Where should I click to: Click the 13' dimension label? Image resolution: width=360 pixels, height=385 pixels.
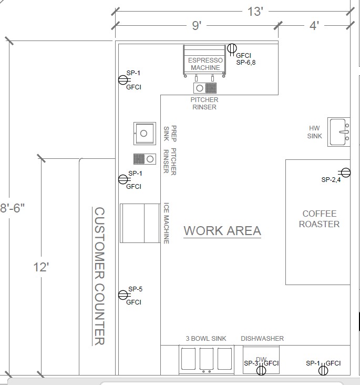tap(255, 12)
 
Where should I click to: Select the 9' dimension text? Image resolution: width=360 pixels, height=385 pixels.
tap(197, 26)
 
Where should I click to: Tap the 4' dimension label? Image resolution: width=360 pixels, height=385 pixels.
tap(314, 26)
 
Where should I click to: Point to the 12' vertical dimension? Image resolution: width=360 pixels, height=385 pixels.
tap(41, 267)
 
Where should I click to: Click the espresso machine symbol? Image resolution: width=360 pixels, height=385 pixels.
tap(204, 61)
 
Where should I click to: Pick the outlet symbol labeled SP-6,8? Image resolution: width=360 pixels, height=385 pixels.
tap(232, 48)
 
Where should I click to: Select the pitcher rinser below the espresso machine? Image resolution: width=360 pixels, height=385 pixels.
tap(205, 88)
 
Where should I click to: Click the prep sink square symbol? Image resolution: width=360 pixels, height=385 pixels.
tap(145, 133)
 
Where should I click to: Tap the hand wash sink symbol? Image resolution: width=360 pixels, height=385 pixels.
tap(339, 132)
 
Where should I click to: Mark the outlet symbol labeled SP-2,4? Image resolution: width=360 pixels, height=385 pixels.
tap(345, 173)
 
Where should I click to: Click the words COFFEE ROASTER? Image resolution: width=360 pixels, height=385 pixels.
tap(319, 219)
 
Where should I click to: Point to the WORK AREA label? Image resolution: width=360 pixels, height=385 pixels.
tap(222, 231)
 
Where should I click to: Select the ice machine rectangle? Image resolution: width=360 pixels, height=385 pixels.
tap(140, 223)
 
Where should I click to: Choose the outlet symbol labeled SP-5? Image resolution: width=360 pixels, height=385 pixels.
tap(123, 295)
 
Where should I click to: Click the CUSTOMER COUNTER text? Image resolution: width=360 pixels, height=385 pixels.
tap(99, 276)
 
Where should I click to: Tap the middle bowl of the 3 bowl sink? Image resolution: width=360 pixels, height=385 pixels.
tap(207, 359)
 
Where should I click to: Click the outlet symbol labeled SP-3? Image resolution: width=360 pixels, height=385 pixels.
tap(261, 370)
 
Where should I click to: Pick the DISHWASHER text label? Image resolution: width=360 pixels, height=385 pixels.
tap(262, 339)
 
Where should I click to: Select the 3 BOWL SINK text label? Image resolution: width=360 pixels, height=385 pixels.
tap(206, 339)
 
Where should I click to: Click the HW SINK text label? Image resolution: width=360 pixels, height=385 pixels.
tap(314, 132)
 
